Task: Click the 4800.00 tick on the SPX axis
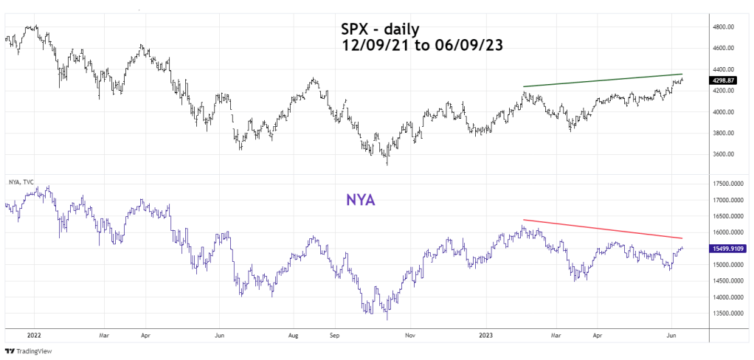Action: pyautogui.click(x=724, y=27)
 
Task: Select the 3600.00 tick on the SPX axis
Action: pyautogui.click(x=724, y=154)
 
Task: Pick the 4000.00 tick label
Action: pyautogui.click(x=724, y=112)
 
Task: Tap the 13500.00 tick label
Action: pyautogui.click(x=726, y=314)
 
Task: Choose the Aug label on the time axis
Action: pyautogui.click(x=293, y=333)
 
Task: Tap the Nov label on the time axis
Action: pyautogui.click(x=409, y=333)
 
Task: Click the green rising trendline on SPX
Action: pyautogui.click(x=612, y=80)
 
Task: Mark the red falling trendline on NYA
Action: pyautogui.click(x=612, y=229)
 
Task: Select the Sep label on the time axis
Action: pyautogui.click(x=333, y=333)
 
